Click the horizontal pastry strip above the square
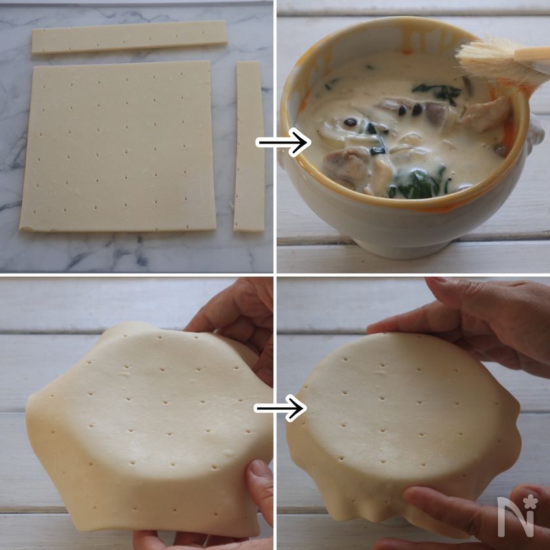pos(129,37)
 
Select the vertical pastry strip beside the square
pos(249,146)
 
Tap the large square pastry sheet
pos(118,146)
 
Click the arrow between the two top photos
pos(283,142)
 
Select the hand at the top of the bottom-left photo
pos(235,323)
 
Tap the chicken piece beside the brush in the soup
pos(486,114)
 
